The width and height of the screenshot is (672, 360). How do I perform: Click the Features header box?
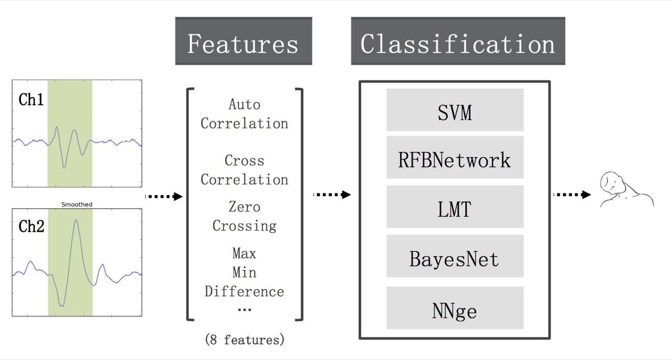[x=243, y=41]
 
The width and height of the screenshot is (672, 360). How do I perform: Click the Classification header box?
[x=458, y=41]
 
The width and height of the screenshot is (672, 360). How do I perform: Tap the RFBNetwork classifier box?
[x=455, y=159]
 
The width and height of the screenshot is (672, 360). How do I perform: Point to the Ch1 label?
[x=31, y=100]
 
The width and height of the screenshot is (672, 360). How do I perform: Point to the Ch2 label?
[x=31, y=226]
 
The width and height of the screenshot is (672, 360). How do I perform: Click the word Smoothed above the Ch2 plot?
[x=77, y=204]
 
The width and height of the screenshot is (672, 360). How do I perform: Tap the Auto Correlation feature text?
[x=244, y=114]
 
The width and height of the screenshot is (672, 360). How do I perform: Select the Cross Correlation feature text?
[x=244, y=170]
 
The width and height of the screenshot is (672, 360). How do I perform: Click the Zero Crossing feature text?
[x=244, y=216]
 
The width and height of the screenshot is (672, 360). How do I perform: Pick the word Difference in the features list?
[x=244, y=291]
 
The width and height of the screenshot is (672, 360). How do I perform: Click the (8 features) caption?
[x=244, y=340]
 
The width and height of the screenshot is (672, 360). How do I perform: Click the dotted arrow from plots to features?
[x=163, y=196]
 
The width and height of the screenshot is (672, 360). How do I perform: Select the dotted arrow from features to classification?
[x=331, y=195]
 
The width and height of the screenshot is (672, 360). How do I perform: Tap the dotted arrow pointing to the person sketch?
[x=571, y=195]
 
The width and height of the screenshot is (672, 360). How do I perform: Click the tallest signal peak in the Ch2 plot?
[x=76, y=221]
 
